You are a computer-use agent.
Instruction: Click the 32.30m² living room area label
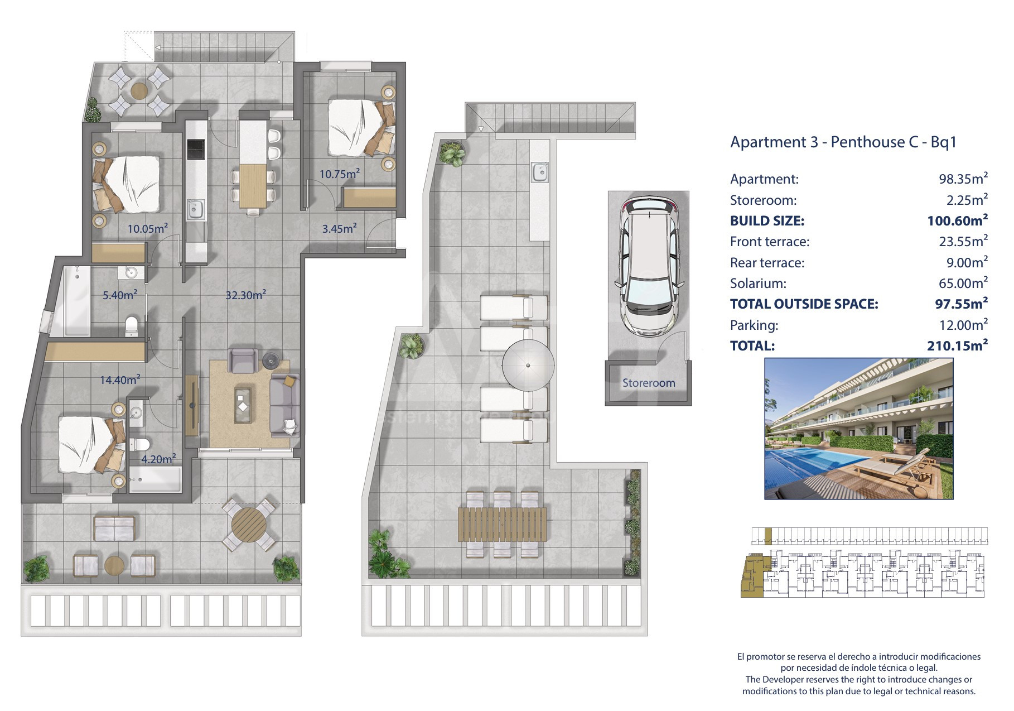tap(245, 295)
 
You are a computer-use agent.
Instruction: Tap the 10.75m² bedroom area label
tap(339, 174)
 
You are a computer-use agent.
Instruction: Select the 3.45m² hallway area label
tap(339, 228)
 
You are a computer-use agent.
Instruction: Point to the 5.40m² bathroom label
tap(119, 295)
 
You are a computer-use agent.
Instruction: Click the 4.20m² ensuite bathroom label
tap(158, 459)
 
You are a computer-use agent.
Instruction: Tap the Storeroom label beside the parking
tap(649, 383)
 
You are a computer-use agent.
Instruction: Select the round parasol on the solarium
tap(528, 366)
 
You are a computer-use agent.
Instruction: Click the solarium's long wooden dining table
tap(502, 524)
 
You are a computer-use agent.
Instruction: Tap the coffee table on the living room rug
tap(242, 403)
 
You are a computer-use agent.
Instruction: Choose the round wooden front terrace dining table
tap(249, 524)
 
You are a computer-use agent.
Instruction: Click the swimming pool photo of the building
tap(858, 429)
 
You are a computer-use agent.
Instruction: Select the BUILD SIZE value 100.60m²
tap(957, 220)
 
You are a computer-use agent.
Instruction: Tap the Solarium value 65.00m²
tap(963, 283)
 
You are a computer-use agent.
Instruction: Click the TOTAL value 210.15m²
tap(957, 345)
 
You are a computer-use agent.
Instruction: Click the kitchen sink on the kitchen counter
tap(196, 210)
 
